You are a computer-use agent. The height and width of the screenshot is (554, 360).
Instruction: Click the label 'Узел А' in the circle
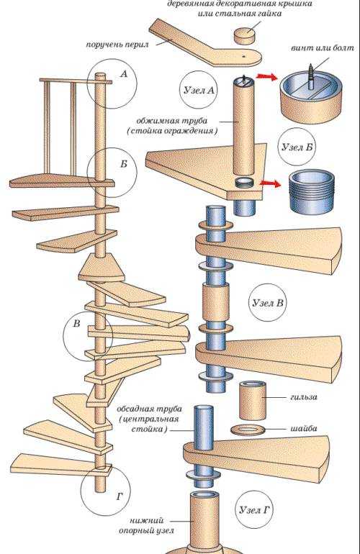[199, 90]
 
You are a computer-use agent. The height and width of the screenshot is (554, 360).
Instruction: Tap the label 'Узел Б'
[297, 147]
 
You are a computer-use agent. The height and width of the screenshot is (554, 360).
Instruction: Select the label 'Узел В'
[268, 303]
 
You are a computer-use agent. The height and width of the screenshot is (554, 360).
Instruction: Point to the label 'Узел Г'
[255, 510]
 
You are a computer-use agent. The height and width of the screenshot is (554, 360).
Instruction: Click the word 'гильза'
[303, 396]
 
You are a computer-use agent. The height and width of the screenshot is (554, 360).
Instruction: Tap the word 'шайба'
[304, 428]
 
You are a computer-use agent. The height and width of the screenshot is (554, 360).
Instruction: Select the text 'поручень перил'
[117, 45]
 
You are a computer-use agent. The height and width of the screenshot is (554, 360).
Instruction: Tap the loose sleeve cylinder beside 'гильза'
[253, 401]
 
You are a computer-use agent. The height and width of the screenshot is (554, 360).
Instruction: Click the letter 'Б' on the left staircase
[123, 164]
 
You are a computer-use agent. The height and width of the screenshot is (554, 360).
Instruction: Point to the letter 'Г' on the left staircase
[120, 496]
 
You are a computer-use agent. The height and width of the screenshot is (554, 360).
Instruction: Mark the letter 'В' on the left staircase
[77, 324]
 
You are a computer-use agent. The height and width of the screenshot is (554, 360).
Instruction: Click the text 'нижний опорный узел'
[146, 525]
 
